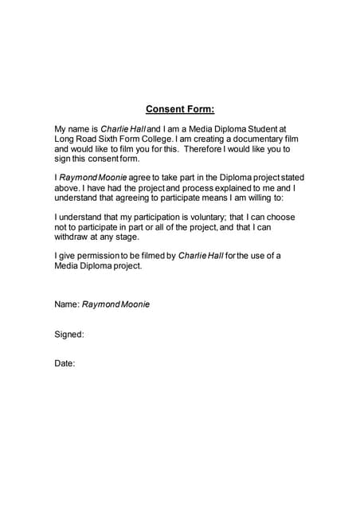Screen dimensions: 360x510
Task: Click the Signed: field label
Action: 69,334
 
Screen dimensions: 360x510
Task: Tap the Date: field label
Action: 65,363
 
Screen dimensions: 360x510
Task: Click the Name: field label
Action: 67,304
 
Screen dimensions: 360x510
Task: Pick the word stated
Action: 280,178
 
